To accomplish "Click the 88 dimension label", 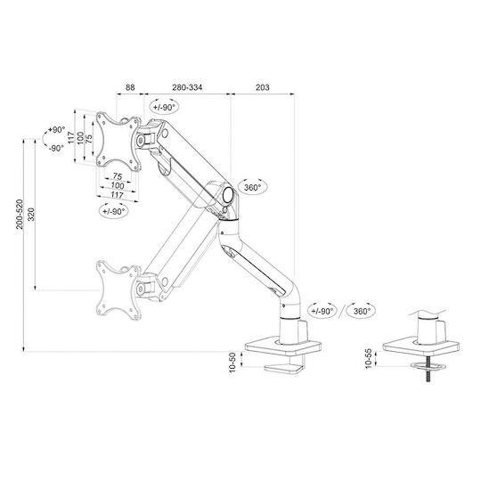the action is (130, 87).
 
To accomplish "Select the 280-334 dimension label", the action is (187, 87).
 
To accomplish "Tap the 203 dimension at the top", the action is (263, 87).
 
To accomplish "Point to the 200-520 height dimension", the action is (20, 214).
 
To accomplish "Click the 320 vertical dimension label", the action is (31, 214).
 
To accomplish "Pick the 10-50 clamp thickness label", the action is (232, 363).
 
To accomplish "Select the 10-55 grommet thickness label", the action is (369, 358).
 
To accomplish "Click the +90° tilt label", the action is (57, 130).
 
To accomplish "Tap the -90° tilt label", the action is (56, 148).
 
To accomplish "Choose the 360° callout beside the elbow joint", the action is (252, 187).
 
